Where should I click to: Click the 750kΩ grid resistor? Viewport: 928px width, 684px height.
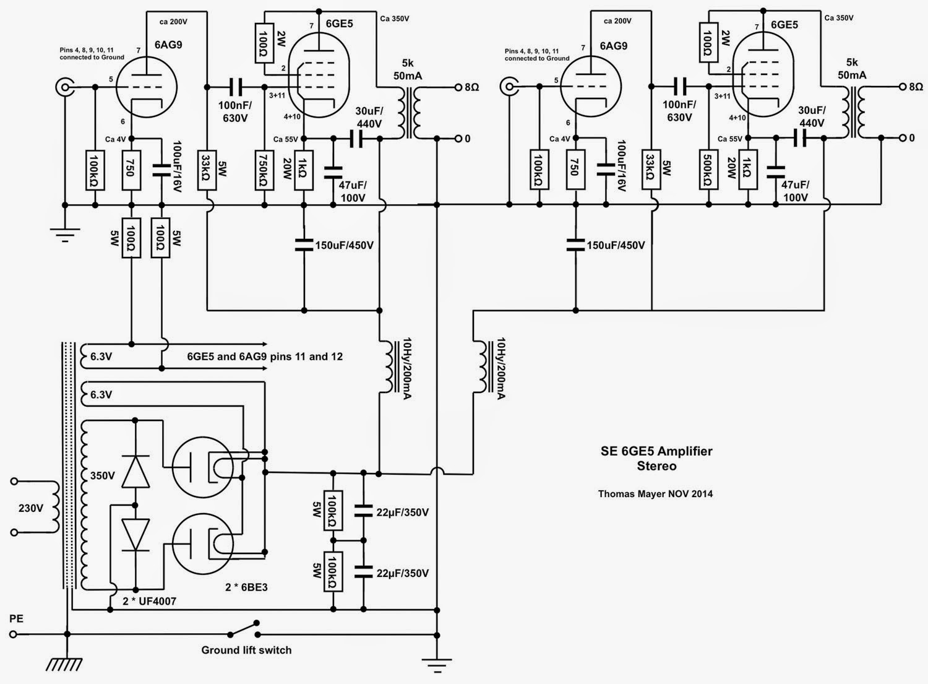[264, 170]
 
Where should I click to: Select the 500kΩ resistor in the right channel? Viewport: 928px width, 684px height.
[709, 170]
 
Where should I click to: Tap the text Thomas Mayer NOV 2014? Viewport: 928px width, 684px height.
[655, 494]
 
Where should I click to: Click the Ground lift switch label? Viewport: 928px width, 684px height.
[246, 650]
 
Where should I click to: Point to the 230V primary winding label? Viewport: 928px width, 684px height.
[31, 508]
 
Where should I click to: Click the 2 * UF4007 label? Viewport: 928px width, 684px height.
[149, 600]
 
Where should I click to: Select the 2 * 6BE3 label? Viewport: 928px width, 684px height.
[246, 587]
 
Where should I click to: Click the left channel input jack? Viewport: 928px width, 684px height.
[64, 87]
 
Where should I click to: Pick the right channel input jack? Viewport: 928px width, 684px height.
[509, 87]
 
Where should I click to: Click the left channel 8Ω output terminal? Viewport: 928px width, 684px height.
[458, 87]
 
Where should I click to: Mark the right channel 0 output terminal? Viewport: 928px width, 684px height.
[903, 138]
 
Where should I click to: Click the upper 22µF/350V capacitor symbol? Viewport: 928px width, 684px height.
[363, 511]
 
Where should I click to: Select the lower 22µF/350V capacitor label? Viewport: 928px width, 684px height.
[402, 573]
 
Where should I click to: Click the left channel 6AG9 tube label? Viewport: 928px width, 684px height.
[168, 45]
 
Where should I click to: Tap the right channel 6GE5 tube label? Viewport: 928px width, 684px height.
[784, 25]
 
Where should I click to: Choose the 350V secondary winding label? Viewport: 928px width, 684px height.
[102, 475]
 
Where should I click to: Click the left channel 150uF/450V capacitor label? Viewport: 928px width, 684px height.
[344, 245]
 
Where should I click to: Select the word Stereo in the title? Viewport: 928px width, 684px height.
[656, 466]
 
